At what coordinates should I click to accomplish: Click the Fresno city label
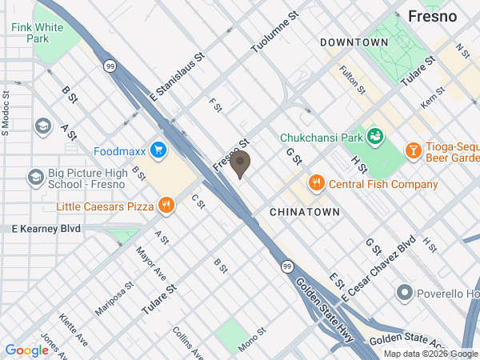pos(432,16)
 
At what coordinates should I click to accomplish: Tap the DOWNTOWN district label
pos(354,42)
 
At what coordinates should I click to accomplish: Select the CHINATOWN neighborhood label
pos(305,212)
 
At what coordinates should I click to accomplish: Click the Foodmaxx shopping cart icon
pos(158,150)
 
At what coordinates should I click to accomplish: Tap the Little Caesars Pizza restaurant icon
pos(166,206)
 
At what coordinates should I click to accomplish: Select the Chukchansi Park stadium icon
pos(374,137)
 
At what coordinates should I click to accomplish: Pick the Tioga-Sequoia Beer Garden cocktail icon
pos(413,150)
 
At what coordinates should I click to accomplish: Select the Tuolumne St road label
pos(274,32)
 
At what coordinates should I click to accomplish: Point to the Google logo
pos(27,350)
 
